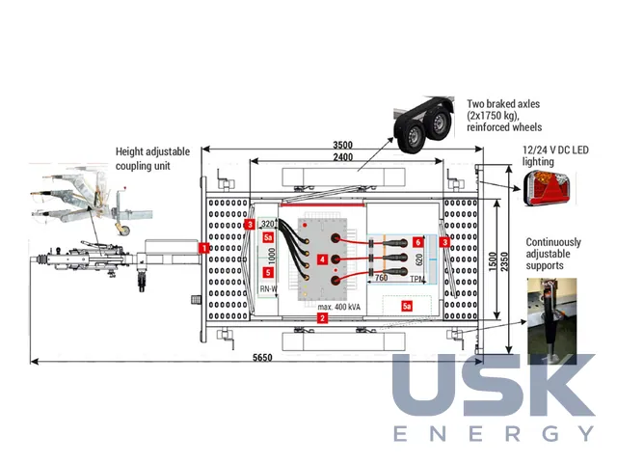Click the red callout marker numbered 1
pos(203,248)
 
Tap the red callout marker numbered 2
pos(322,318)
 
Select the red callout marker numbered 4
pos(322,259)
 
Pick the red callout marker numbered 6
pos(417,242)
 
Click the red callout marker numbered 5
pos(268,272)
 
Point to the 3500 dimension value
pos(343,145)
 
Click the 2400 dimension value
pos(343,157)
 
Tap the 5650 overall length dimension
pos(262,358)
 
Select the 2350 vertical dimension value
pos(504,261)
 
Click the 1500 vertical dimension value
pos(493,261)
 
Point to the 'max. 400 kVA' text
pos(338,307)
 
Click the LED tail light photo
pos(546,189)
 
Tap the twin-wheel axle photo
pos(423,124)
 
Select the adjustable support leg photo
pos(551,321)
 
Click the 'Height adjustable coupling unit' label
pos(152,158)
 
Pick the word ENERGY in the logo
pos(494,433)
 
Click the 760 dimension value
pos(381,278)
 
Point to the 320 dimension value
pos(268,224)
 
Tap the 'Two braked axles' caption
pos(503,104)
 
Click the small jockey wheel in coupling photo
pos(123,230)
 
